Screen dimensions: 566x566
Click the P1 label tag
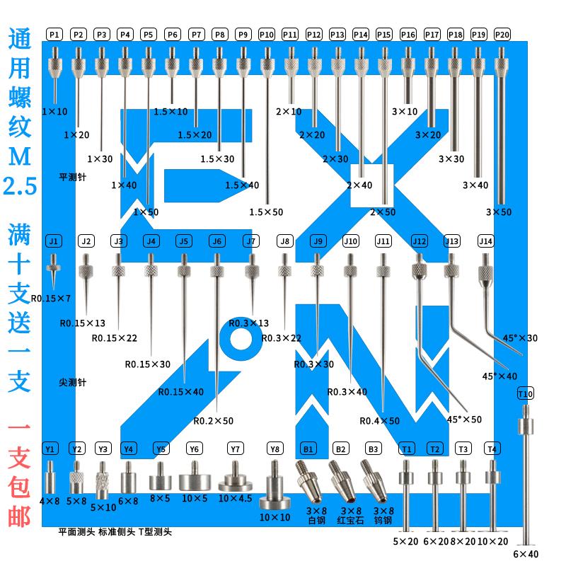click(55, 34)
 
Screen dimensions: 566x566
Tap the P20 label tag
click(502, 34)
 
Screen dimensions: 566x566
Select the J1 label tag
click(54, 241)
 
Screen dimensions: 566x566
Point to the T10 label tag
click(526, 393)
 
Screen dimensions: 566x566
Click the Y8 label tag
click(275, 449)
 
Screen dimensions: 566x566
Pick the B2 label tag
click(340, 449)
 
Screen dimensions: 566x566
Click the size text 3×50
click(498, 212)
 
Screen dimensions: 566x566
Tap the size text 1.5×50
click(266, 212)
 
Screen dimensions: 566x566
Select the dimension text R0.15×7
click(56, 297)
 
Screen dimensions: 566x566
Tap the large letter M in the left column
click(19, 152)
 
